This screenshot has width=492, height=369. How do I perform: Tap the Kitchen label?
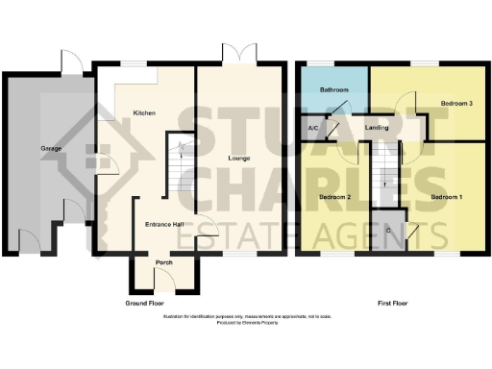coord(144,113)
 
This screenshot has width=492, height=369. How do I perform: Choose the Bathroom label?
coord(332,90)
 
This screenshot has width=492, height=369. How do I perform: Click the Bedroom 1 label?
coord(446,197)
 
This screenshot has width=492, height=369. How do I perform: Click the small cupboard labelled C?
coord(387,230)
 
